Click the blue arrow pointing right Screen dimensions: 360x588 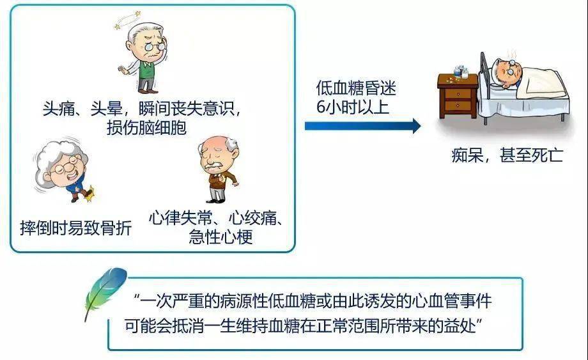[x=362, y=125]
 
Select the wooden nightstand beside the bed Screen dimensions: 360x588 [x=457, y=96]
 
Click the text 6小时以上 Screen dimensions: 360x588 [x=351, y=106]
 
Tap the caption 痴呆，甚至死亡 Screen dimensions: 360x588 [x=507, y=155]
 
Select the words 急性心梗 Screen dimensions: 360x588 [x=220, y=238]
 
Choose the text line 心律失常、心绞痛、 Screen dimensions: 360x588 [x=217, y=217]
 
